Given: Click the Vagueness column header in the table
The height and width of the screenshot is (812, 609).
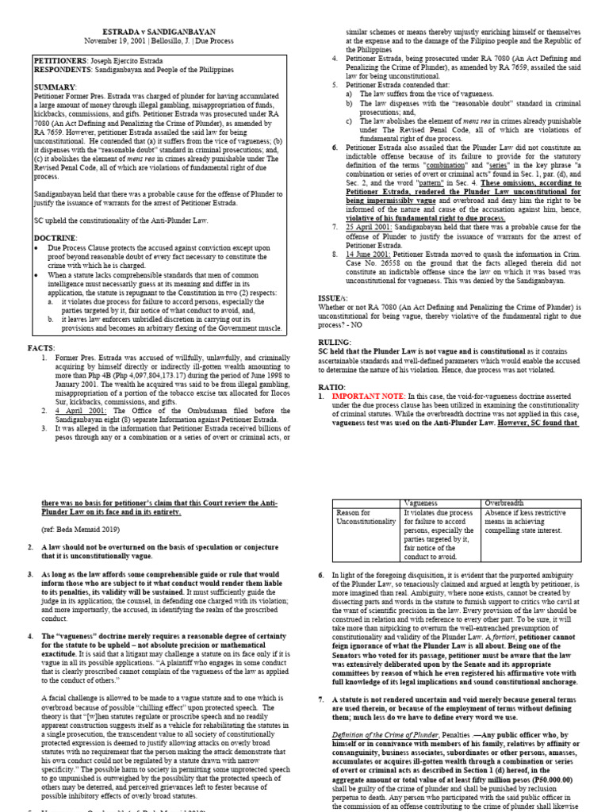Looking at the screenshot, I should point(423,503).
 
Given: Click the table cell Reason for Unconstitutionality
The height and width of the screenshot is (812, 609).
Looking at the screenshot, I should point(363,518).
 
